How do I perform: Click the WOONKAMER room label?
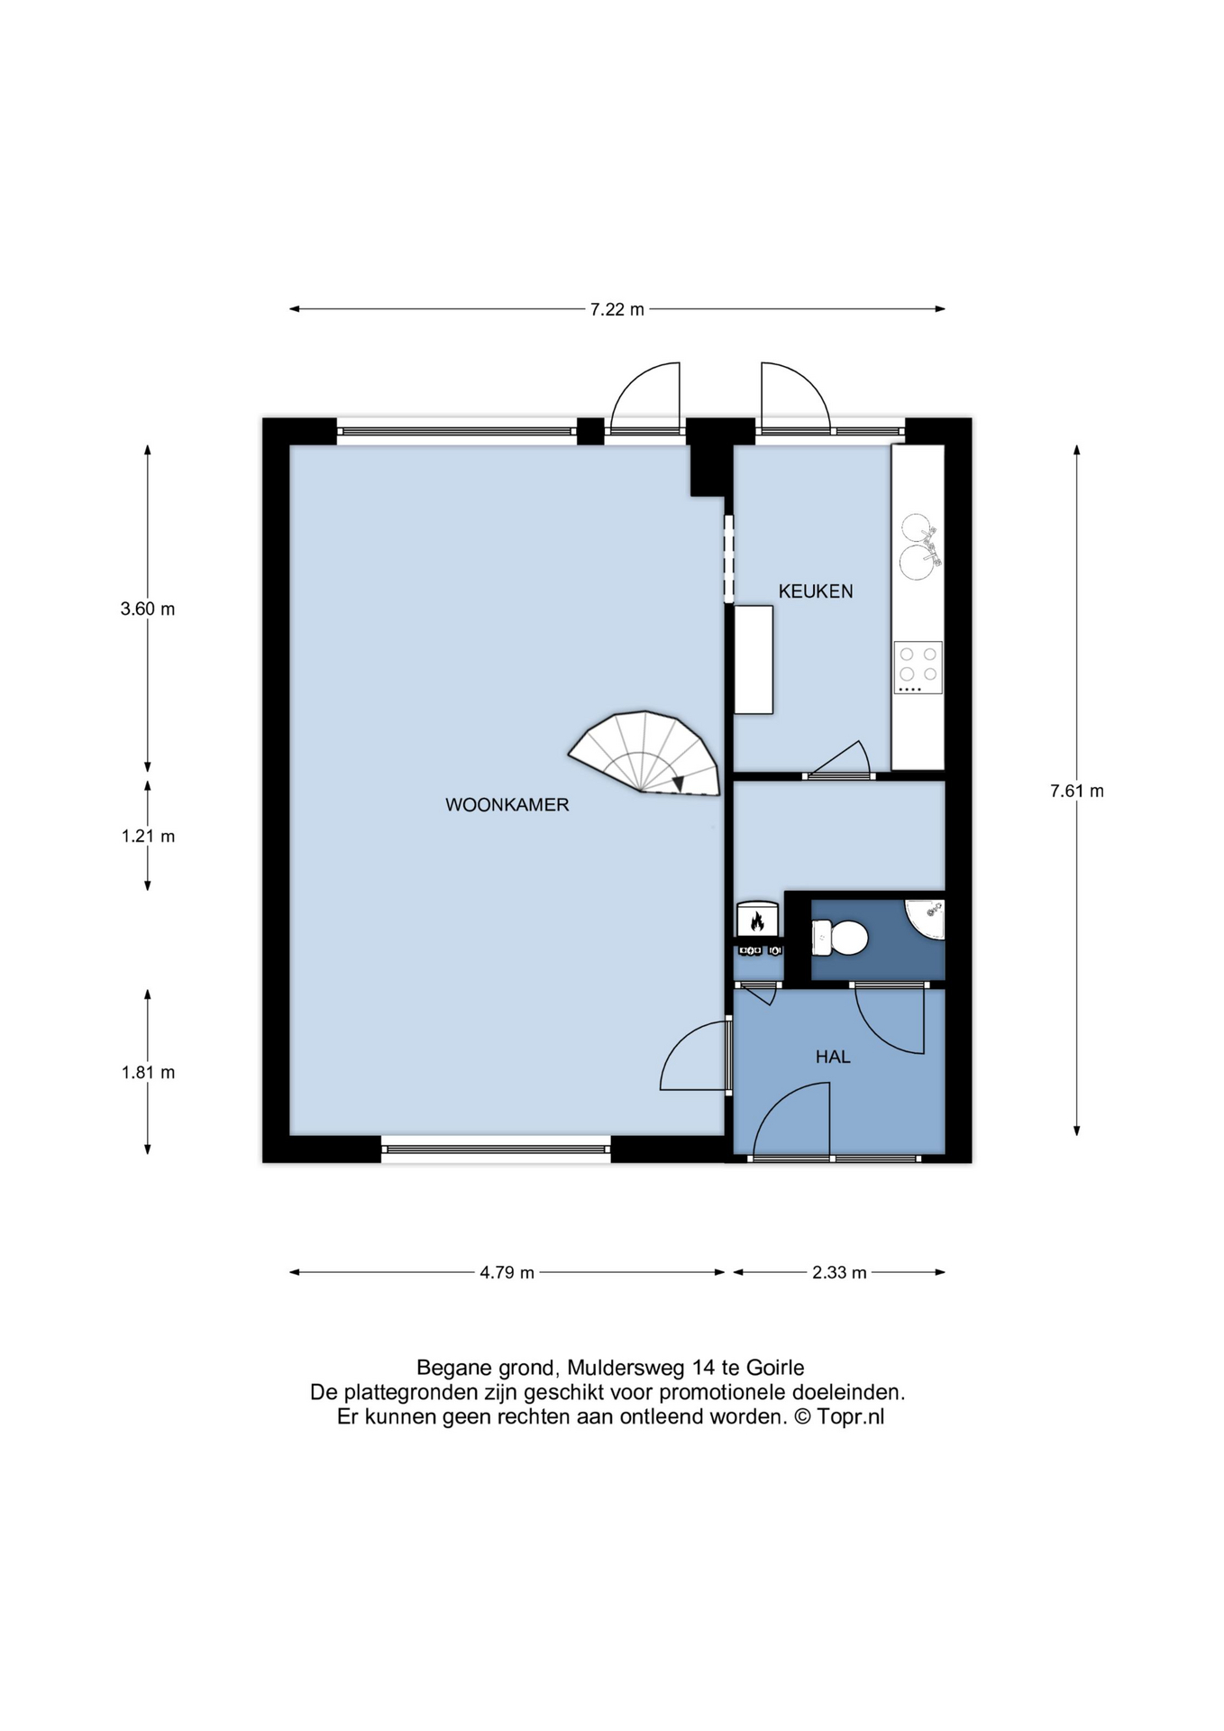507,805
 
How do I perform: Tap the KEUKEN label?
816,591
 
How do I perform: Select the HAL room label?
833,1057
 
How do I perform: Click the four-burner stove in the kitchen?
918,667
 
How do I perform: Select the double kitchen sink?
918,546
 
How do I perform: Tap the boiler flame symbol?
757,921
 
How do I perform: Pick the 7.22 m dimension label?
617,310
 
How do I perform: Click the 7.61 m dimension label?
1077,792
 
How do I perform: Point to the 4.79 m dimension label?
507,1273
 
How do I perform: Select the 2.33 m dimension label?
839,1273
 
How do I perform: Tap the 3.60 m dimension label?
148,609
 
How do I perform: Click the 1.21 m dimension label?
148,837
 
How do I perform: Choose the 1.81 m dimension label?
148,1073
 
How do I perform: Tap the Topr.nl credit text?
850,1416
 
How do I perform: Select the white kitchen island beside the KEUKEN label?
754,660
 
